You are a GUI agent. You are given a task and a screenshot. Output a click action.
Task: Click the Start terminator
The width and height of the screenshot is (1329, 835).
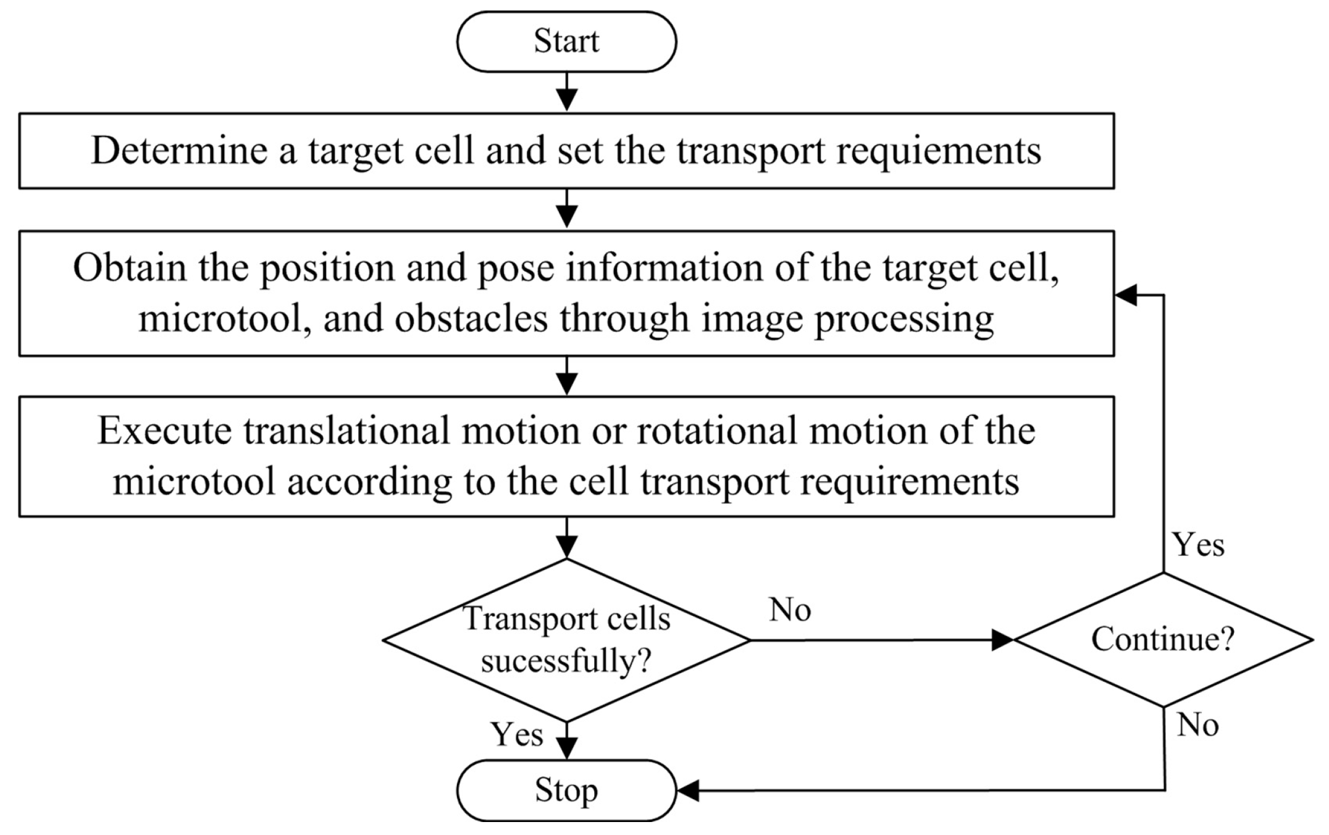coord(566,41)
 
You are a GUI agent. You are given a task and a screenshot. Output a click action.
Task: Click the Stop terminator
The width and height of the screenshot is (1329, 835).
coord(566,790)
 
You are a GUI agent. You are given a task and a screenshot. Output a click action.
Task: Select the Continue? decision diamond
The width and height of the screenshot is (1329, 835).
coord(1163,639)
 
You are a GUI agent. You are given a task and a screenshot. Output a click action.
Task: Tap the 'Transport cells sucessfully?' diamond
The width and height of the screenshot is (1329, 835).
coord(566,640)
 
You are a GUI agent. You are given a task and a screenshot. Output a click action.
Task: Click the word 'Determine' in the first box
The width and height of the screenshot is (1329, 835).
coord(179,150)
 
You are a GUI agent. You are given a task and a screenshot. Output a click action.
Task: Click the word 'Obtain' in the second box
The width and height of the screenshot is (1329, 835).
coord(130,268)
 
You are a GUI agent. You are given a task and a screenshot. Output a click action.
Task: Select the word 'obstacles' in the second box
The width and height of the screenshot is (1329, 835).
coord(471,319)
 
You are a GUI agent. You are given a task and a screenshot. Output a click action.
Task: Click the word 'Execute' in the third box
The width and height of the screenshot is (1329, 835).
coord(164,430)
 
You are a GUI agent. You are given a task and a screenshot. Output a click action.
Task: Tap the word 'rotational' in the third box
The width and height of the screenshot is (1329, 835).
coord(716,430)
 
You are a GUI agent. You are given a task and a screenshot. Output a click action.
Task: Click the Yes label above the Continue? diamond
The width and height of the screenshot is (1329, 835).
coord(1198,545)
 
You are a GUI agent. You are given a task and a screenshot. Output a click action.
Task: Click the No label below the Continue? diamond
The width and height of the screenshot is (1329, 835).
coord(1197,724)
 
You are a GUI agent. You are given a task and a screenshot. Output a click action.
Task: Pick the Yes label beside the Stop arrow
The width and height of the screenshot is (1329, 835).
coord(517,734)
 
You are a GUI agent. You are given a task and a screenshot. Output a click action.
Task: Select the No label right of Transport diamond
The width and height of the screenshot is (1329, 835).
coord(790,610)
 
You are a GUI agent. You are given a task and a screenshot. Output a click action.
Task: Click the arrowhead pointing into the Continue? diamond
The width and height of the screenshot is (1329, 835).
coord(1002,640)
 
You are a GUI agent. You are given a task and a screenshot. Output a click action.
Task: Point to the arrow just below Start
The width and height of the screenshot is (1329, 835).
coord(566,93)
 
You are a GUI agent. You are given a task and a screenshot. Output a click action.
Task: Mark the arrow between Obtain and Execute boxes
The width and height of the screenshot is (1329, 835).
coord(566,377)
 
